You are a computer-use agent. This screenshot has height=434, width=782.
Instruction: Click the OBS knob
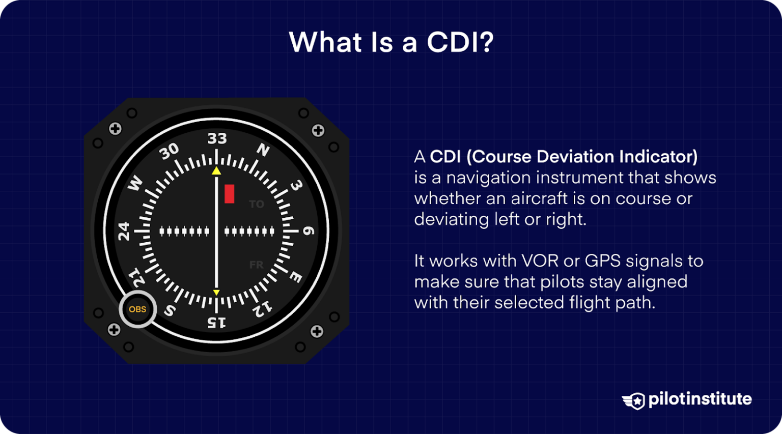click(x=137, y=309)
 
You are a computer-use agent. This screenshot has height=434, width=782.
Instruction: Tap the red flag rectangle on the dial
click(x=230, y=194)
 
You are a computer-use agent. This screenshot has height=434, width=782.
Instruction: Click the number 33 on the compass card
click(x=217, y=138)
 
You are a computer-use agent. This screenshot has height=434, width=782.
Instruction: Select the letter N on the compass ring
click(x=263, y=150)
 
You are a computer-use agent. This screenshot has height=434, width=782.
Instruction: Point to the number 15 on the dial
click(x=216, y=322)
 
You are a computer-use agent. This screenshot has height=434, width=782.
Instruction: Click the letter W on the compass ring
click(x=135, y=184)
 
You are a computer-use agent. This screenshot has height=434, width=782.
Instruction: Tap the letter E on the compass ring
click(x=296, y=277)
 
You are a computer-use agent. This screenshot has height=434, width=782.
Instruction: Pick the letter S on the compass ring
click(x=170, y=310)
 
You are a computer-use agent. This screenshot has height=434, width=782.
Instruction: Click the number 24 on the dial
click(x=124, y=231)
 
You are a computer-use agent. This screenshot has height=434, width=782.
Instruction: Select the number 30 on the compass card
click(x=169, y=151)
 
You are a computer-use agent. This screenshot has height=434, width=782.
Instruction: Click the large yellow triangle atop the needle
click(x=216, y=171)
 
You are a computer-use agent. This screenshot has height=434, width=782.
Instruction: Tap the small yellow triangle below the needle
click(x=216, y=293)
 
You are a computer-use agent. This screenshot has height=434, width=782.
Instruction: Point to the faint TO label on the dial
click(x=257, y=205)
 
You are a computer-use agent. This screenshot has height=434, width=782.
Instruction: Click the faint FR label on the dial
click(x=257, y=265)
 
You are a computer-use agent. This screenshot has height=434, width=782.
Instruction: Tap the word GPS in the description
click(x=602, y=261)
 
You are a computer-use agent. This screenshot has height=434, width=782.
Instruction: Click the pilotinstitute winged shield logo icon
click(x=634, y=400)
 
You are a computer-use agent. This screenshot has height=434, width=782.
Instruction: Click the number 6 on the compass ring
click(x=309, y=231)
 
